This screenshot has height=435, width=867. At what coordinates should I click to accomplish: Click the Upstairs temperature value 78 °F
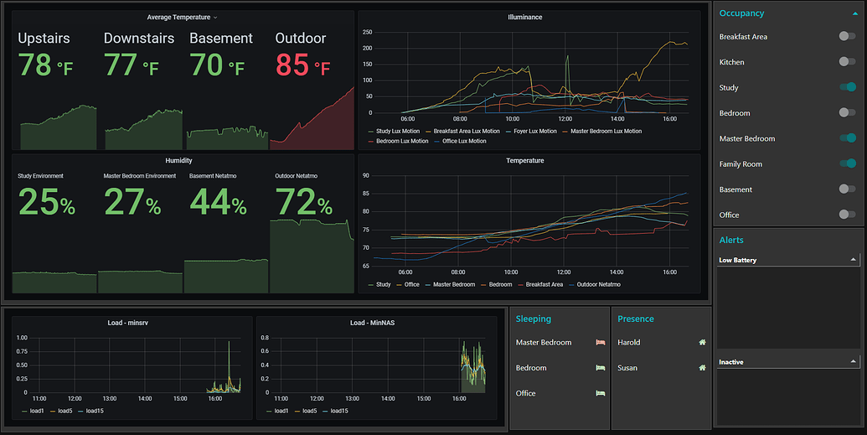pos(45,65)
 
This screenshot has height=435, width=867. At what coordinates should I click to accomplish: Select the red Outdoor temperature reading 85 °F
pos(302,65)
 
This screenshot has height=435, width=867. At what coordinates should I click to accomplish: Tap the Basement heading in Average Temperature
pos(220,39)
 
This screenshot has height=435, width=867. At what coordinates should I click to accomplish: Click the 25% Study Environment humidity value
pos(47,202)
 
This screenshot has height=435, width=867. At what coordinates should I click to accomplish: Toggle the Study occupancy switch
pos(847,87)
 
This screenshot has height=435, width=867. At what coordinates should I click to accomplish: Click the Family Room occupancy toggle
pos(847,163)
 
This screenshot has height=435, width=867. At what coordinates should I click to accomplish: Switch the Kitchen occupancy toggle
pos(847,62)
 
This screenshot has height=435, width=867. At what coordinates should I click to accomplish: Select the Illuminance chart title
pos(524,17)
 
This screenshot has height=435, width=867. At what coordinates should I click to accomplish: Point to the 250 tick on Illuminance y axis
pos(366,32)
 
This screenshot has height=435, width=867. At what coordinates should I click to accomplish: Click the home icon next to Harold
pos(702,342)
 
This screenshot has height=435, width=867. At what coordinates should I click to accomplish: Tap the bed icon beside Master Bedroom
pos(600,342)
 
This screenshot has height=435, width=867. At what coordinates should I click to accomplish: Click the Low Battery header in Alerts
pos(738,260)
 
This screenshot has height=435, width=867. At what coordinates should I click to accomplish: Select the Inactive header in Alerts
pos(731,362)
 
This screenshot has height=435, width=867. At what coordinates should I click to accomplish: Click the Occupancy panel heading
pos(741,13)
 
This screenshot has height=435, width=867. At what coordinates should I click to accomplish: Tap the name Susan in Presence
pos(628,368)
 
